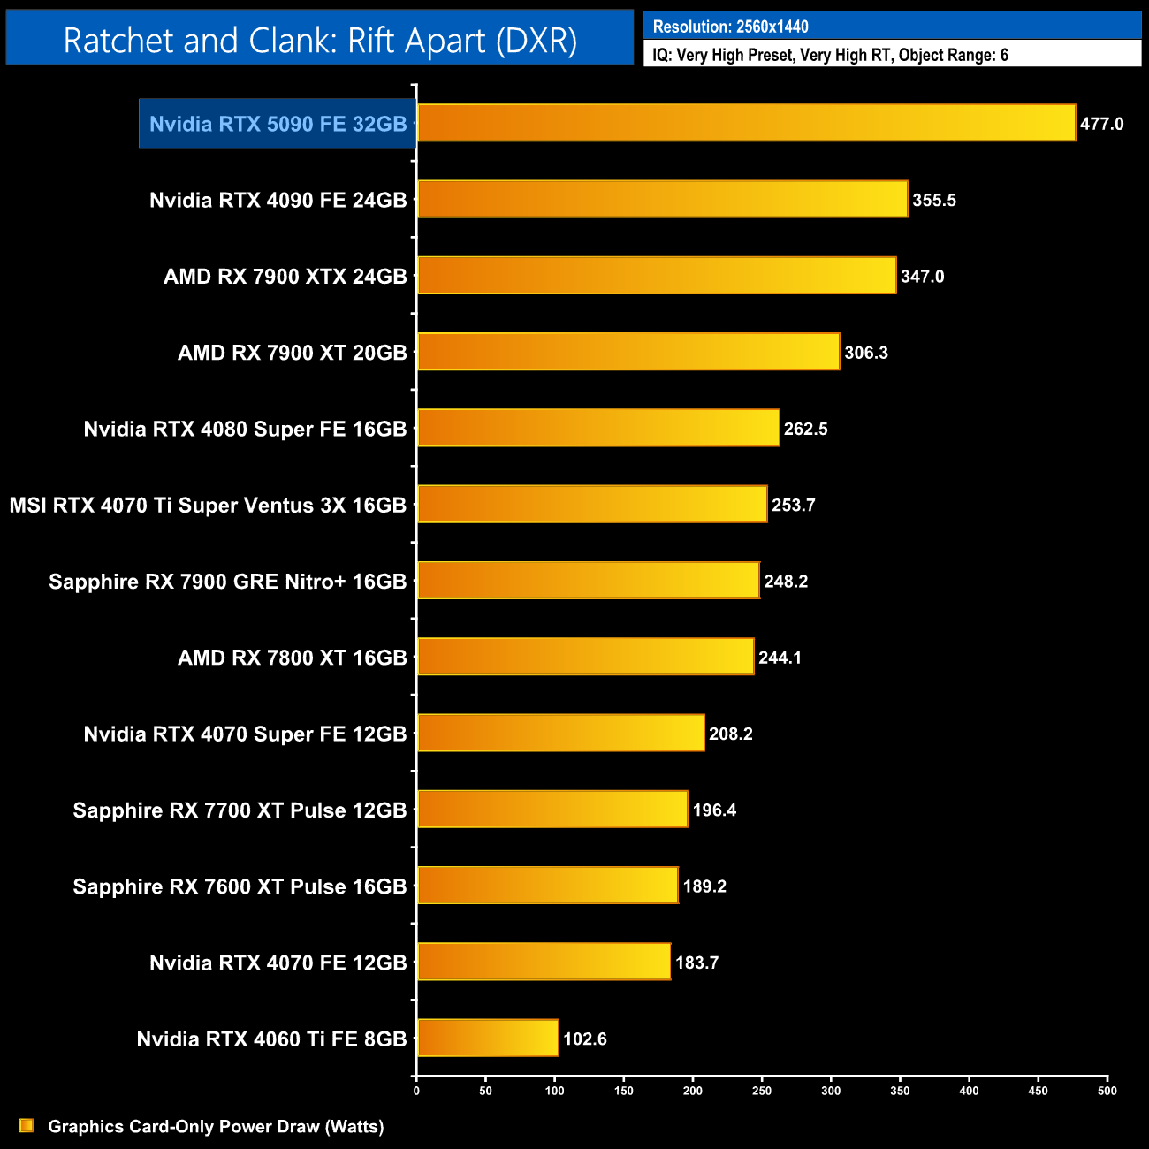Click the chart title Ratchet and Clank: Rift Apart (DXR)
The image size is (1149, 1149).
[x=320, y=41]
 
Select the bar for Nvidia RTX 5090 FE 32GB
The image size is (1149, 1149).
[x=746, y=123]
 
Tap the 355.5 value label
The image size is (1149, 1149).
[x=934, y=201]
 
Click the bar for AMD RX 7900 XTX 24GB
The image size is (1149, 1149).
[x=656, y=276]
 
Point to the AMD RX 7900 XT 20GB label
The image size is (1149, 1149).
[x=292, y=353]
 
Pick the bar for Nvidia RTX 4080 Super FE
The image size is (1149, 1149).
[x=597, y=428]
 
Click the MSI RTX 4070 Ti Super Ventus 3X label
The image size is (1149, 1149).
[x=208, y=506]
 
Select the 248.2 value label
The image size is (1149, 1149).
[x=786, y=582]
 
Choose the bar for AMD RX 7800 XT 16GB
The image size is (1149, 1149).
[x=585, y=657]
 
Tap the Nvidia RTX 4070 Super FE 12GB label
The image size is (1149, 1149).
[x=245, y=734]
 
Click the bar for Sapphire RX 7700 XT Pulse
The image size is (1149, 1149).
[x=552, y=810]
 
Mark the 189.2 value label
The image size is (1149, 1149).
[x=704, y=886]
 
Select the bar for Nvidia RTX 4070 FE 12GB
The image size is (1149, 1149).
[x=544, y=962]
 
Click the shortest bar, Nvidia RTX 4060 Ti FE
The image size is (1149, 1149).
[x=488, y=1038]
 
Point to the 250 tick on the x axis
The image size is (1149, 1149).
[x=762, y=1091]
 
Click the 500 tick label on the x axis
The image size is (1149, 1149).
[x=1107, y=1091]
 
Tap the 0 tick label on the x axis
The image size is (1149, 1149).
[x=416, y=1091]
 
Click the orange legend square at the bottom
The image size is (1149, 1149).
[x=27, y=1126]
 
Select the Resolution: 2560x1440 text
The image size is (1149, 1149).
[x=730, y=27]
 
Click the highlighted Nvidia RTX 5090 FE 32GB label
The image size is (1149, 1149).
[x=278, y=124]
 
